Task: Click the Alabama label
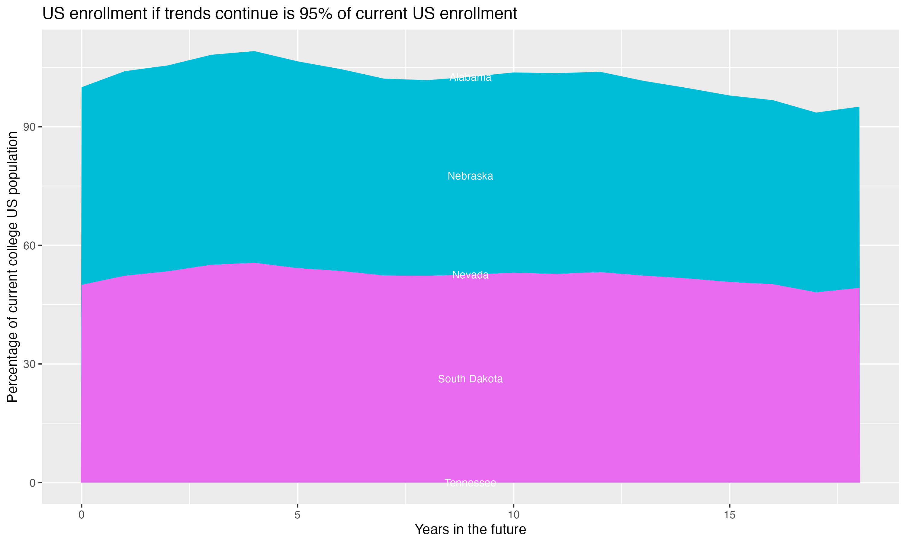click(x=470, y=77)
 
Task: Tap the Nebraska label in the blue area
click(x=470, y=176)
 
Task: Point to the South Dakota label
click(x=470, y=379)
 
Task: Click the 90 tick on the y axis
click(x=29, y=127)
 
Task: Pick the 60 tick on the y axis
click(x=29, y=246)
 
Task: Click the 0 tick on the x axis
click(x=81, y=515)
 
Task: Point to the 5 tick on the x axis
click(x=297, y=515)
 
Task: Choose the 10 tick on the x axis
click(x=513, y=515)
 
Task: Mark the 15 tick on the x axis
click(x=730, y=515)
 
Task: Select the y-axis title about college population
click(x=12, y=267)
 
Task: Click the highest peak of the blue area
click(x=255, y=52)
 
